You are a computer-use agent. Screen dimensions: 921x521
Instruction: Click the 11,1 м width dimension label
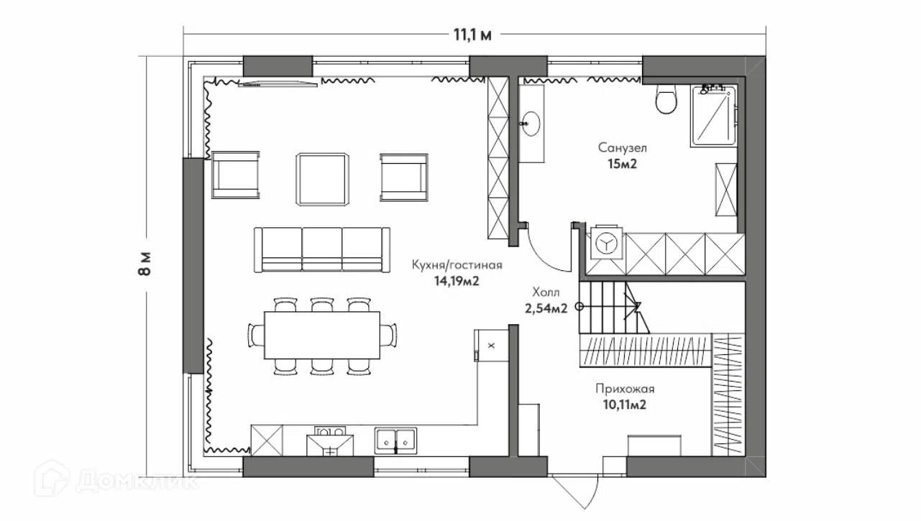click(472, 35)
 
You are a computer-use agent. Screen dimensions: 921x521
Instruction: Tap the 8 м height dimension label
click(145, 263)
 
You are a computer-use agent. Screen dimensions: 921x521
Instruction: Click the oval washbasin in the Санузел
click(531, 124)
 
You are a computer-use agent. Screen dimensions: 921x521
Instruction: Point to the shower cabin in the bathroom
click(713, 116)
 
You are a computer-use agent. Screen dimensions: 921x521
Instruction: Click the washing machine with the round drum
click(607, 244)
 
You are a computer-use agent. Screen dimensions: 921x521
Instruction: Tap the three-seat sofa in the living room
click(322, 249)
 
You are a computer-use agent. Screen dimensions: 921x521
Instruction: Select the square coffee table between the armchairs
click(323, 179)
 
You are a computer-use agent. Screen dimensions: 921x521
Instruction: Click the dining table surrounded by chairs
click(322, 336)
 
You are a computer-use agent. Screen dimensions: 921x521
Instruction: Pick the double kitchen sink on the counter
click(395, 441)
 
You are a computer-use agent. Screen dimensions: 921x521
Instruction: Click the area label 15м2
click(623, 165)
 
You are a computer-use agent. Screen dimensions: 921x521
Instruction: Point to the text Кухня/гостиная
click(457, 265)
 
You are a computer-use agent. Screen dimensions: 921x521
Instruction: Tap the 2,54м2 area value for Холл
click(546, 308)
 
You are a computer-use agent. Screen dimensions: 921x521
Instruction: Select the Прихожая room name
click(625, 389)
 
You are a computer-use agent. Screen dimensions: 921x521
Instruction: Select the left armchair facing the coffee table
click(236, 175)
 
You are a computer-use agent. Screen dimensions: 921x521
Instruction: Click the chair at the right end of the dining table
click(388, 335)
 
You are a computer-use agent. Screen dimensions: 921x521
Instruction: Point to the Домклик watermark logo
click(116, 479)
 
